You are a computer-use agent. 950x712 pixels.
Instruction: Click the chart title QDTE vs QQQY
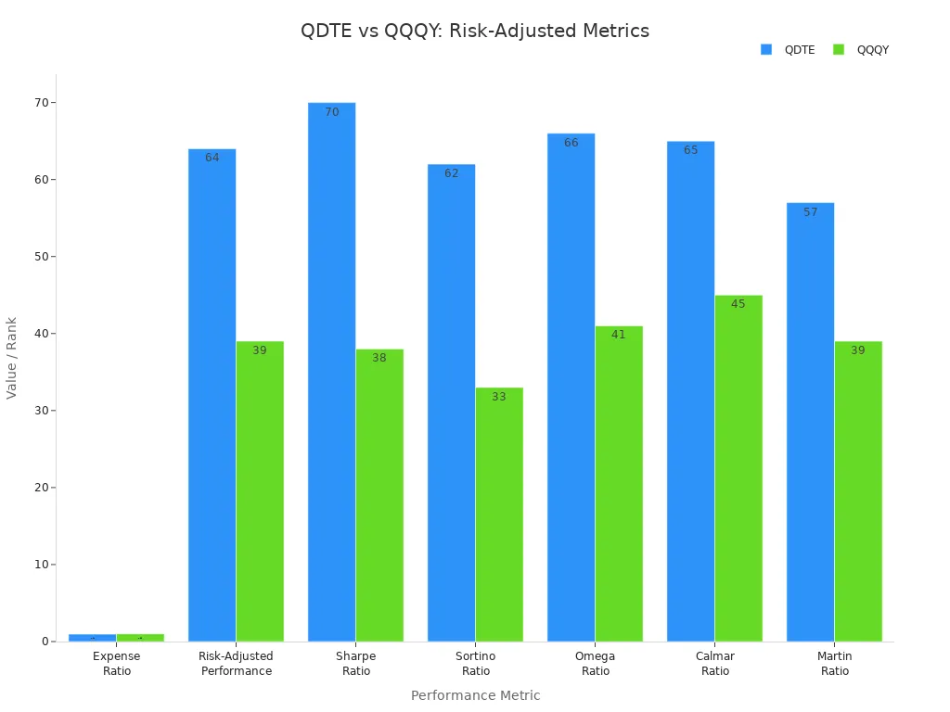pyautogui.click(x=474, y=31)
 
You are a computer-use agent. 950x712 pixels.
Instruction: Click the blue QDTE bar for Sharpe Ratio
pyautogui.click(x=331, y=371)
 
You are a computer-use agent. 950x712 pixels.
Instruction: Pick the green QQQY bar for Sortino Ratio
pyautogui.click(x=499, y=515)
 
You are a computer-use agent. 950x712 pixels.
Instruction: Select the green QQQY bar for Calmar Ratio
pyautogui.click(x=738, y=468)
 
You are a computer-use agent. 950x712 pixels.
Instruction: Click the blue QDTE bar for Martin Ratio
pyautogui.click(x=810, y=422)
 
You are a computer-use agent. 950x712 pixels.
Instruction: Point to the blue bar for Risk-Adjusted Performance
pyautogui.click(x=212, y=395)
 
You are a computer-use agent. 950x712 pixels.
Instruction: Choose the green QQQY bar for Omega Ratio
pyautogui.click(x=619, y=483)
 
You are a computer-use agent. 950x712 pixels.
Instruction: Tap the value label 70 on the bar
pyautogui.click(x=331, y=112)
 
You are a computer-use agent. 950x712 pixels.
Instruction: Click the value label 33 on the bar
pyautogui.click(x=499, y=397)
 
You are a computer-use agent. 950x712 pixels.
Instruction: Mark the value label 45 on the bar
pyautogui.click(x=738, y=304)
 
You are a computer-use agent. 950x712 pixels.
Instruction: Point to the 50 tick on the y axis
pyautogui.click(x=40, y=257)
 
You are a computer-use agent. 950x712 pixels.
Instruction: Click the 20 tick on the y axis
pyautogui.click(x=40, y=488)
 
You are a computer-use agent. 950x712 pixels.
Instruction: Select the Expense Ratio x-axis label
pyautogui.click(x=117, y=664)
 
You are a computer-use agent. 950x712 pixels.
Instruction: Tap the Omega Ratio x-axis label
pyautogui.click(x=596, y=664)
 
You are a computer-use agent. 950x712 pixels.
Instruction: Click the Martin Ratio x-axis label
pyautogui.click(x=835, y=664)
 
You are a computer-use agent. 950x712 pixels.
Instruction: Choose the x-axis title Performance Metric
pyautogui.click(x=475, y=695)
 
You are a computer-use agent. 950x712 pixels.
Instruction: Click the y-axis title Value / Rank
pyautogui.click(x=12, y=358)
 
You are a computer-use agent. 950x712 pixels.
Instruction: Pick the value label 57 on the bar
pyautogui.click(x=810, y=212)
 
